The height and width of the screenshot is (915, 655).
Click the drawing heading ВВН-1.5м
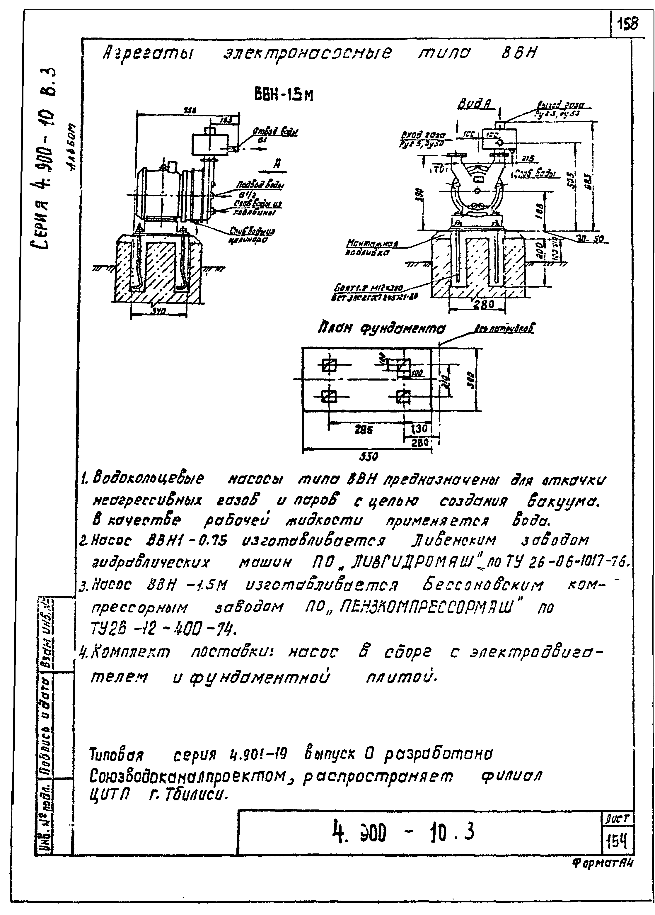click(x=283, y=95)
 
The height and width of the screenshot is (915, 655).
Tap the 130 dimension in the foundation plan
click(x=419, y=428)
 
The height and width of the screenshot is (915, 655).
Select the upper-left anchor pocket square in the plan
click(x=329, y=366)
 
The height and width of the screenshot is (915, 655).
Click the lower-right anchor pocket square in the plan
click(x=403, y=397)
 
